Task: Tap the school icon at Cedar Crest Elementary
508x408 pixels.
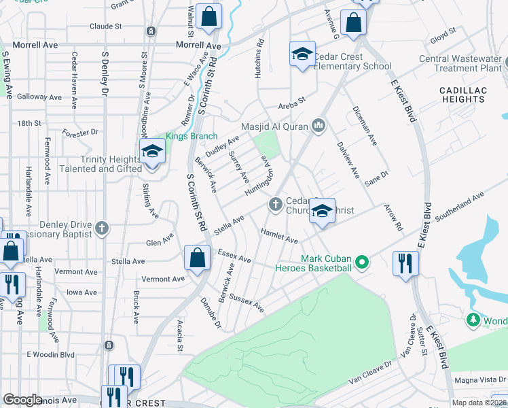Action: [x=302, y=54]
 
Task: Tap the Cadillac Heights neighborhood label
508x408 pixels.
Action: [x=462, y=95]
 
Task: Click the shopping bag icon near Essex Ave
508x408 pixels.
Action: [x=197, y=258]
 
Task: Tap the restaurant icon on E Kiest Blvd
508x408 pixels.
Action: [x=406, y=262]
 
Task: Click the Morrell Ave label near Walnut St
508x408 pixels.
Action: [x=198, y=45]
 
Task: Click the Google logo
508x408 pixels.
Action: [x=23, y=400]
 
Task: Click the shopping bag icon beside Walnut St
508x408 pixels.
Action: [x=208, y=16]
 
